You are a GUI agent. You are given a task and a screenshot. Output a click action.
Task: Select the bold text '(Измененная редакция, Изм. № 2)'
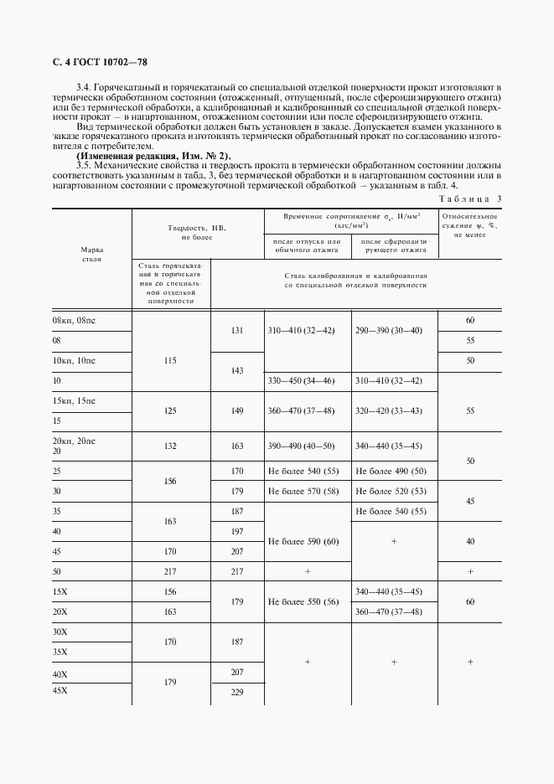153,157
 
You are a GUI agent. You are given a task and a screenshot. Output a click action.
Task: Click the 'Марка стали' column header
91,255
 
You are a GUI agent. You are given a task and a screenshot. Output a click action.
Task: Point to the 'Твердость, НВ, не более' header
197,232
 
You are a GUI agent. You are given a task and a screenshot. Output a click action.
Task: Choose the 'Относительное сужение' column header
469,226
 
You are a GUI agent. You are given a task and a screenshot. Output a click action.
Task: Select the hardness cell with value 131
237,331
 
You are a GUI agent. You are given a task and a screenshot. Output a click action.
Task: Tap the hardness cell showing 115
171,361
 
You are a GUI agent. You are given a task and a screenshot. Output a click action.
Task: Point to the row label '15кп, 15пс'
75,402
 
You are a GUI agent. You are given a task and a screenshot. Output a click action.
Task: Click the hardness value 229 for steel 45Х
237,691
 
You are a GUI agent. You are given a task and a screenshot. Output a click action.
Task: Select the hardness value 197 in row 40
237,532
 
